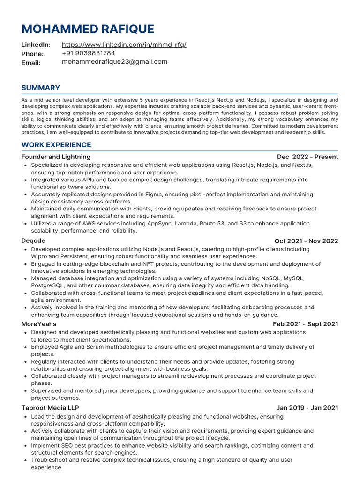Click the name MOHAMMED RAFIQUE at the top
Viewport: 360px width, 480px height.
pos(88,29)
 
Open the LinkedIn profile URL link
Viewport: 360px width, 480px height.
pos(124,45)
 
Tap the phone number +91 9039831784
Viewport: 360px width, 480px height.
pos(89,53)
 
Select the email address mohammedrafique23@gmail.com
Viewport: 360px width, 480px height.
pos(114,62)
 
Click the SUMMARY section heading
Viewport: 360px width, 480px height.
pos(41,88)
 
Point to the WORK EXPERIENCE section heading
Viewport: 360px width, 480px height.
pos(56,145)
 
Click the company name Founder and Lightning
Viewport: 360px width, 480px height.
pos(56,157)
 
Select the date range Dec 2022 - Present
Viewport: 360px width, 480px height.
pos(307,157)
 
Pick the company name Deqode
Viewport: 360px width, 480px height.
pos(33,241)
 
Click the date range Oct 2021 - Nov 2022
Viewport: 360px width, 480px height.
pos(306,241)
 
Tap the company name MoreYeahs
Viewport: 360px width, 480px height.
pos(39,324)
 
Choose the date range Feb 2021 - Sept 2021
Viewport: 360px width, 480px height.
pos(306,324)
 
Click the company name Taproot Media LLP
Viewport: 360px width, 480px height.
pos(50,408)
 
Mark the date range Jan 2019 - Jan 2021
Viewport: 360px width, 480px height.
pos(307,408)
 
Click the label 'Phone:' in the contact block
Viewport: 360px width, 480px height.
pos(32,54)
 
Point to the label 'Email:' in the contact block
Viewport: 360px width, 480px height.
pos(31,63)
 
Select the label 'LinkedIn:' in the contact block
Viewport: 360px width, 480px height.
pos(36,45)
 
